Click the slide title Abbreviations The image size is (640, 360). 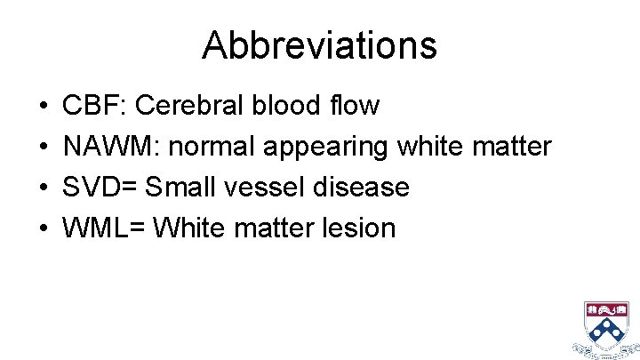(x=319, y=45)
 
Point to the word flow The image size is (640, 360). (x=355, y=106)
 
